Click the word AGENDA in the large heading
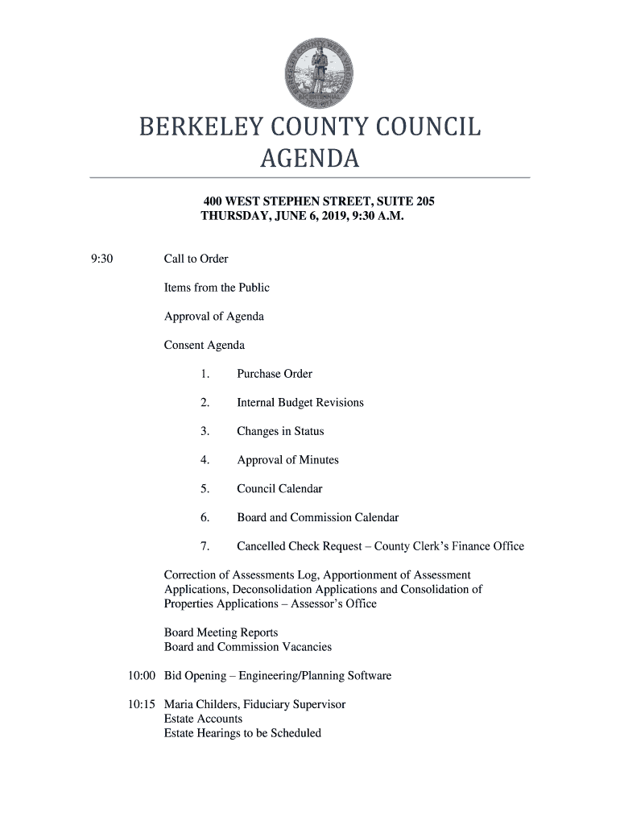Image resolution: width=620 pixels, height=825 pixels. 309,160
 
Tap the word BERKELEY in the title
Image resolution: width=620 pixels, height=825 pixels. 203,128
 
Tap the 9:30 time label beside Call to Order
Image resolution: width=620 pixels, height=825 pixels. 101,259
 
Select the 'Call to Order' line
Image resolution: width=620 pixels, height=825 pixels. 196,259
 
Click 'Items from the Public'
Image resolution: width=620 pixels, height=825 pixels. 217,288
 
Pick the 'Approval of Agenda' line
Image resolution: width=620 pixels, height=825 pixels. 213,317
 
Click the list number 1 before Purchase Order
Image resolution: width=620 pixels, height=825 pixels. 205,374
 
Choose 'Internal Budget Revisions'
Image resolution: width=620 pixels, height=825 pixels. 300,403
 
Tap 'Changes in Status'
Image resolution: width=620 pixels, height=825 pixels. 280,432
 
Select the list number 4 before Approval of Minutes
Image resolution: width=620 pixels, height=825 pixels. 205,460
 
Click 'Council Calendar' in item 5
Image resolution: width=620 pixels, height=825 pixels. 279,489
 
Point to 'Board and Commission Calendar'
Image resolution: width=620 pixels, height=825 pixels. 317,518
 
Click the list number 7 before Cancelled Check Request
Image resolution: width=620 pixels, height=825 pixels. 205,546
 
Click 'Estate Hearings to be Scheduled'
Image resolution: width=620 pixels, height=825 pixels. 242,733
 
